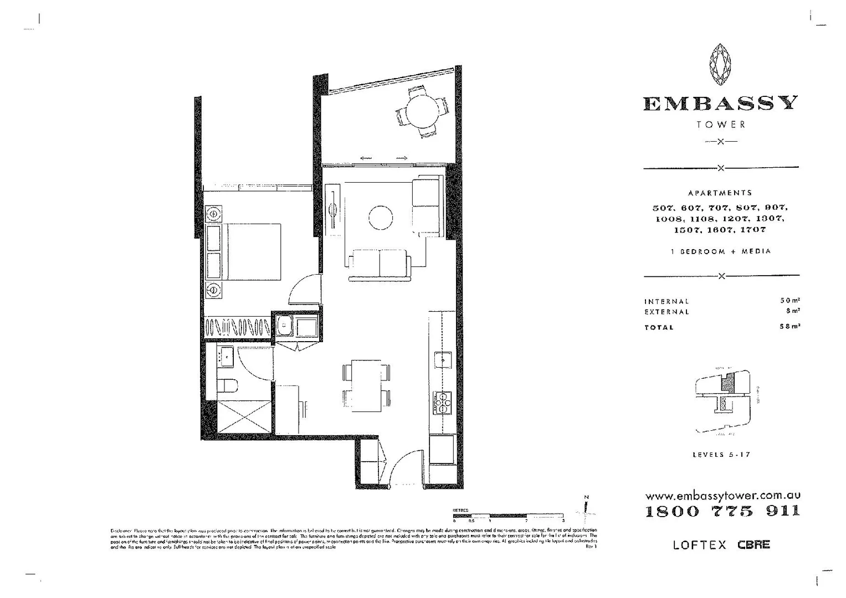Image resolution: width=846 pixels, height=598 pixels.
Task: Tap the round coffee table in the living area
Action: pos(381,218)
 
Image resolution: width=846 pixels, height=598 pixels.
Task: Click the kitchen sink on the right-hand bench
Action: pos(444,359)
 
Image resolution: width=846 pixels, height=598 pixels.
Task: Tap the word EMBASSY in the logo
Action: pos(720,104)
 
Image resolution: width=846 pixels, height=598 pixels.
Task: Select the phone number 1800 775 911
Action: pos(722,511)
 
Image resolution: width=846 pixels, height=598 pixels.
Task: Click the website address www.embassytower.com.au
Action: pos(722,496)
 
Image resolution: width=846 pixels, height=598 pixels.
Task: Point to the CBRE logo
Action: pos(753,544)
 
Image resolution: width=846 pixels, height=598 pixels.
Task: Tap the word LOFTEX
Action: pos(699,545)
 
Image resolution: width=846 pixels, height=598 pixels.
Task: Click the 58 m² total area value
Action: pos(789,327)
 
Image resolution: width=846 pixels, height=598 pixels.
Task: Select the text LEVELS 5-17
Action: pos(721,455)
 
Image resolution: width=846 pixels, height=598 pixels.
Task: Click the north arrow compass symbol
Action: pos(586,508)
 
